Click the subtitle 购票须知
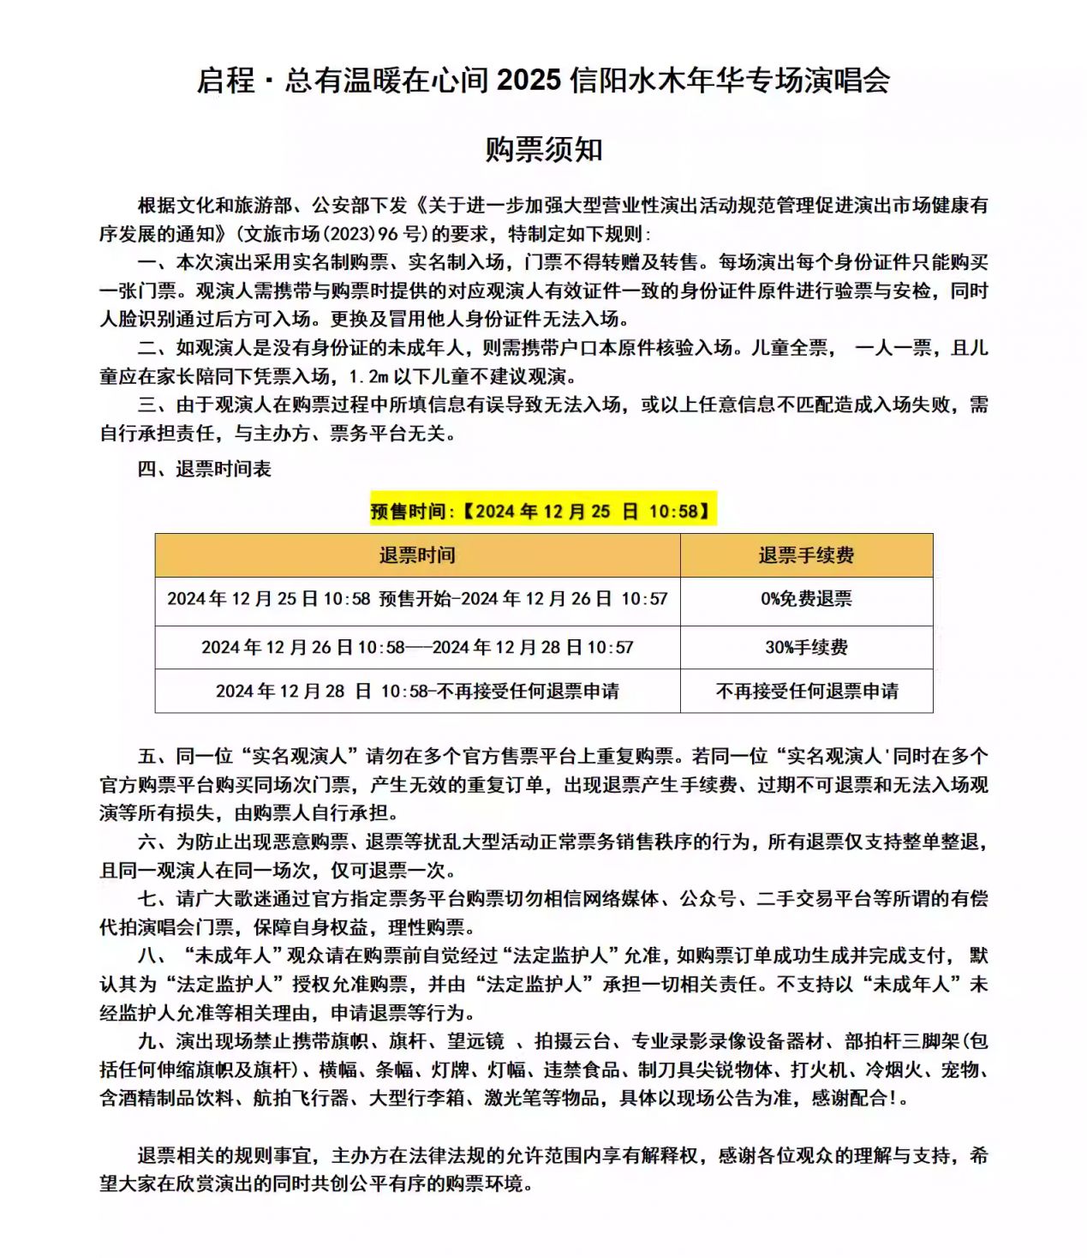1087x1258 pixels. [544, 150]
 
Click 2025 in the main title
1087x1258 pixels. [529, 81]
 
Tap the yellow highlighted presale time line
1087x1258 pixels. [542, 512]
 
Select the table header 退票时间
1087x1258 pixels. [417, 555]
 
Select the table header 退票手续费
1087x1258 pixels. [806, 555]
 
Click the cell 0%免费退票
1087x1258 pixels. [806, 599]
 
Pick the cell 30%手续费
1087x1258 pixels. [806, 647]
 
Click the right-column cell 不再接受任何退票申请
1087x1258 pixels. [806, 691]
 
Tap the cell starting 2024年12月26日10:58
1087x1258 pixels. [417, 647]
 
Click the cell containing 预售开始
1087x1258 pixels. [417, 599]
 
